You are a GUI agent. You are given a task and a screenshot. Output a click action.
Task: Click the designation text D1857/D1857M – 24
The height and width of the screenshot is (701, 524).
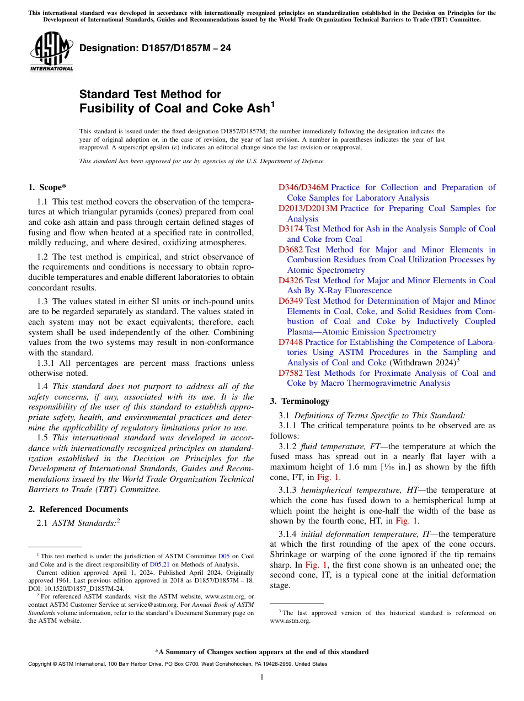click(x=155, y=48)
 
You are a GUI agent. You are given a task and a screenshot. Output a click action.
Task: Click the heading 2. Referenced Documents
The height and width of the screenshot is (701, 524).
click(x=78, y=509)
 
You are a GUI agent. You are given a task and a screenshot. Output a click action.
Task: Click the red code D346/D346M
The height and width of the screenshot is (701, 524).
click(x=303, y=187)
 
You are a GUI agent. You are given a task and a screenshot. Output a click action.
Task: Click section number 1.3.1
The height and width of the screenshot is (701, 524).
click(x=47, y=363)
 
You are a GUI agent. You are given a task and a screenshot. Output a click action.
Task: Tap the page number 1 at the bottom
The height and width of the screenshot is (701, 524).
click(x=262, y=677)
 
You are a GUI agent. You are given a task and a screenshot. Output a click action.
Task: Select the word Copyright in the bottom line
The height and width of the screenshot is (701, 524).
click(x=40, y=664)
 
